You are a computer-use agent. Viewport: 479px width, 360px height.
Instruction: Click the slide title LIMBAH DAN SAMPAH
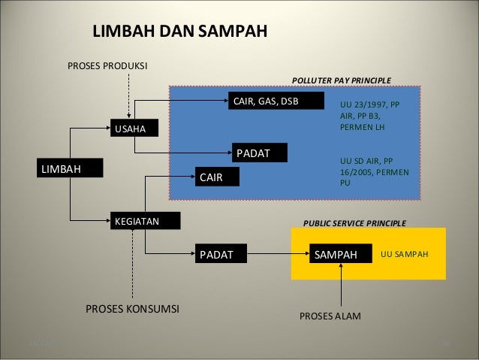pyautogui.click(x=179, y=32)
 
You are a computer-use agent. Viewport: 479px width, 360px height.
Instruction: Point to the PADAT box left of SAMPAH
pyautogui.click(x=221, y=255)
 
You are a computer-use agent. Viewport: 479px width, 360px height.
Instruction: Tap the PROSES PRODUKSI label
pyautogui.click(x=107, y=66)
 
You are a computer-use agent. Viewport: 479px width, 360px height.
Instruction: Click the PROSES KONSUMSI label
pyautogui.click(x=132, y=309)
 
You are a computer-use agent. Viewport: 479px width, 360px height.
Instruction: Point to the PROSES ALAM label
pyautogui.click(x=330, y=316)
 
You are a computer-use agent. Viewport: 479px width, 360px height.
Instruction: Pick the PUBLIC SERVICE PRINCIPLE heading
pyautogui.click(x=354, y=223)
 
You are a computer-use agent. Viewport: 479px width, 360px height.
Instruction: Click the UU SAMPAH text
pyautogui.click(x=404, y=255)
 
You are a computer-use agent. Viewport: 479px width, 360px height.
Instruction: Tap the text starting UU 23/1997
pyautogui.click(x=370, y=116)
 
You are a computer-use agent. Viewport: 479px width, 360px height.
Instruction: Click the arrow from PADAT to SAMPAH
pyautogui.click(x=278, y=255)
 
